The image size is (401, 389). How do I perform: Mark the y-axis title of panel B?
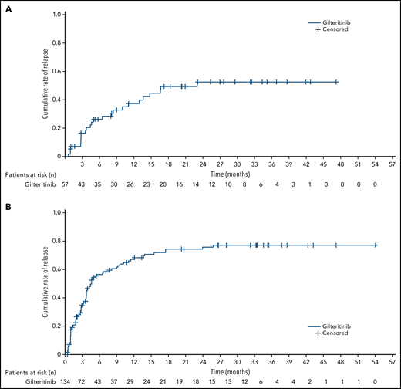44,281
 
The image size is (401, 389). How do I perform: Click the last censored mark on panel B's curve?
376,245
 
